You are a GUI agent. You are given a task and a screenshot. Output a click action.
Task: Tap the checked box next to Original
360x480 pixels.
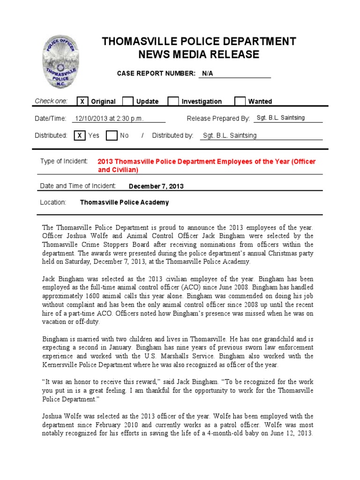(x=82, y=101)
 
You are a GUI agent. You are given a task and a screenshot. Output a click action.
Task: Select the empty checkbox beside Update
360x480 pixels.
(x=127, y=101)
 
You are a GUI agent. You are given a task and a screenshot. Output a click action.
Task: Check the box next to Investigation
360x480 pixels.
(x=173, y=101)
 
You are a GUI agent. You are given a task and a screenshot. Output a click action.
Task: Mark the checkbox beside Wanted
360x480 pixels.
(x=240, y=101)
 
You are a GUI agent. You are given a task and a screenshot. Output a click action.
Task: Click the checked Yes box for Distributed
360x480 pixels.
(x=80, y=135)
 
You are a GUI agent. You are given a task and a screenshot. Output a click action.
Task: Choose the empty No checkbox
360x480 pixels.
(x=111, y=135)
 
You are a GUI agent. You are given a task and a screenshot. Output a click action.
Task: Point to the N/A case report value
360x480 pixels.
(x=207, y=74)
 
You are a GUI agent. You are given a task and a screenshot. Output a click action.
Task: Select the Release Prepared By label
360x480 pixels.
(x=218, y=119)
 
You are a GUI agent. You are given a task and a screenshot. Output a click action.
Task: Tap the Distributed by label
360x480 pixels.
(x=172, y=135)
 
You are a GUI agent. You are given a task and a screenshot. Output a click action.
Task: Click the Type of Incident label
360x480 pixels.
(x=64, y=161)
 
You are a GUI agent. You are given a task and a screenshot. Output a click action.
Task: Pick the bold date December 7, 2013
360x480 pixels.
(x=156, y=186)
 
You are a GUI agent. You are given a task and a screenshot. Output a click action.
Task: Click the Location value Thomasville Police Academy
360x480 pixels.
(x=124, y=202)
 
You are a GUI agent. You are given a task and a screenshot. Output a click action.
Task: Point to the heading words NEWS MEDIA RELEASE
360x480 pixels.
(x=199, y=54)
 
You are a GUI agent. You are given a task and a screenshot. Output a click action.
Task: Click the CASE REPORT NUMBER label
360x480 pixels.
(x=156, y=74)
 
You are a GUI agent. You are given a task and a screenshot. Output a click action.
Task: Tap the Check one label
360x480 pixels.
(x=51, y=101)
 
